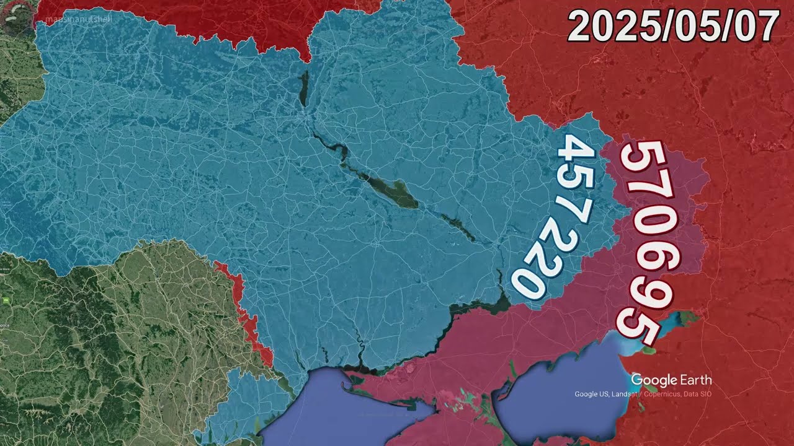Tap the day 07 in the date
[x=755, y=28]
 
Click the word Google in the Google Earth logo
[x=654, y=380]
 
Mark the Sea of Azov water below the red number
[x=558, y=396]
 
